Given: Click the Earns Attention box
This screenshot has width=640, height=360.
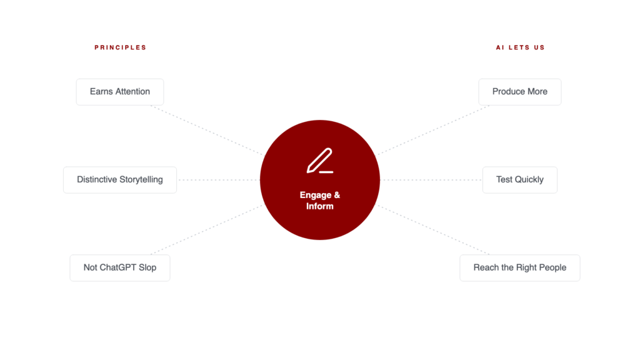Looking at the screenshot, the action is point(120,92).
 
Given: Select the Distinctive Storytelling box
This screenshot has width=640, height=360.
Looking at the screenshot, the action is point(120,180).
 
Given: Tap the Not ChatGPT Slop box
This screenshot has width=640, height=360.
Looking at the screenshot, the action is point(120,267).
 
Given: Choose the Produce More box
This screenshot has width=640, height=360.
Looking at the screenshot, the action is point(519,92).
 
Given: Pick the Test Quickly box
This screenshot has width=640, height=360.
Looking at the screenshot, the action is point(519,180).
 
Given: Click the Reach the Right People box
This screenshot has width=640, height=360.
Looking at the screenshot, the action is point(519,267).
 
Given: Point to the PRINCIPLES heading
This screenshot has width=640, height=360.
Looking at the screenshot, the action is point(121,47).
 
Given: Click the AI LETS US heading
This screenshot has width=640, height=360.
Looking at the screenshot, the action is point(521,47).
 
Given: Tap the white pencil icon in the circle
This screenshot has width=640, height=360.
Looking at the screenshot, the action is point(320,161).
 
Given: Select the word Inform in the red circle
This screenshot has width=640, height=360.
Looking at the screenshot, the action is point(320,206).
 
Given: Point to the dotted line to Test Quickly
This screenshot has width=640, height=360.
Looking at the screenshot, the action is point(431,180).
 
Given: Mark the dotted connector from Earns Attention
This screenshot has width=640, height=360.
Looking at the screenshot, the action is point(206,130).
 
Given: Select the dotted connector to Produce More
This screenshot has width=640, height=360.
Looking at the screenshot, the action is point(433,130).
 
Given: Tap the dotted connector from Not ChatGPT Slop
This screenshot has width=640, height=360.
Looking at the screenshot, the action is point(206,230).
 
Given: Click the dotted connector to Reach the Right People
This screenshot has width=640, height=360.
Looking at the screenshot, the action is point(433,230).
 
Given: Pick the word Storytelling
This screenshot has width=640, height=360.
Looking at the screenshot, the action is point(141,180).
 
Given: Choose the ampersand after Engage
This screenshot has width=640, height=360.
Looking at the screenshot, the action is point(337,195).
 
